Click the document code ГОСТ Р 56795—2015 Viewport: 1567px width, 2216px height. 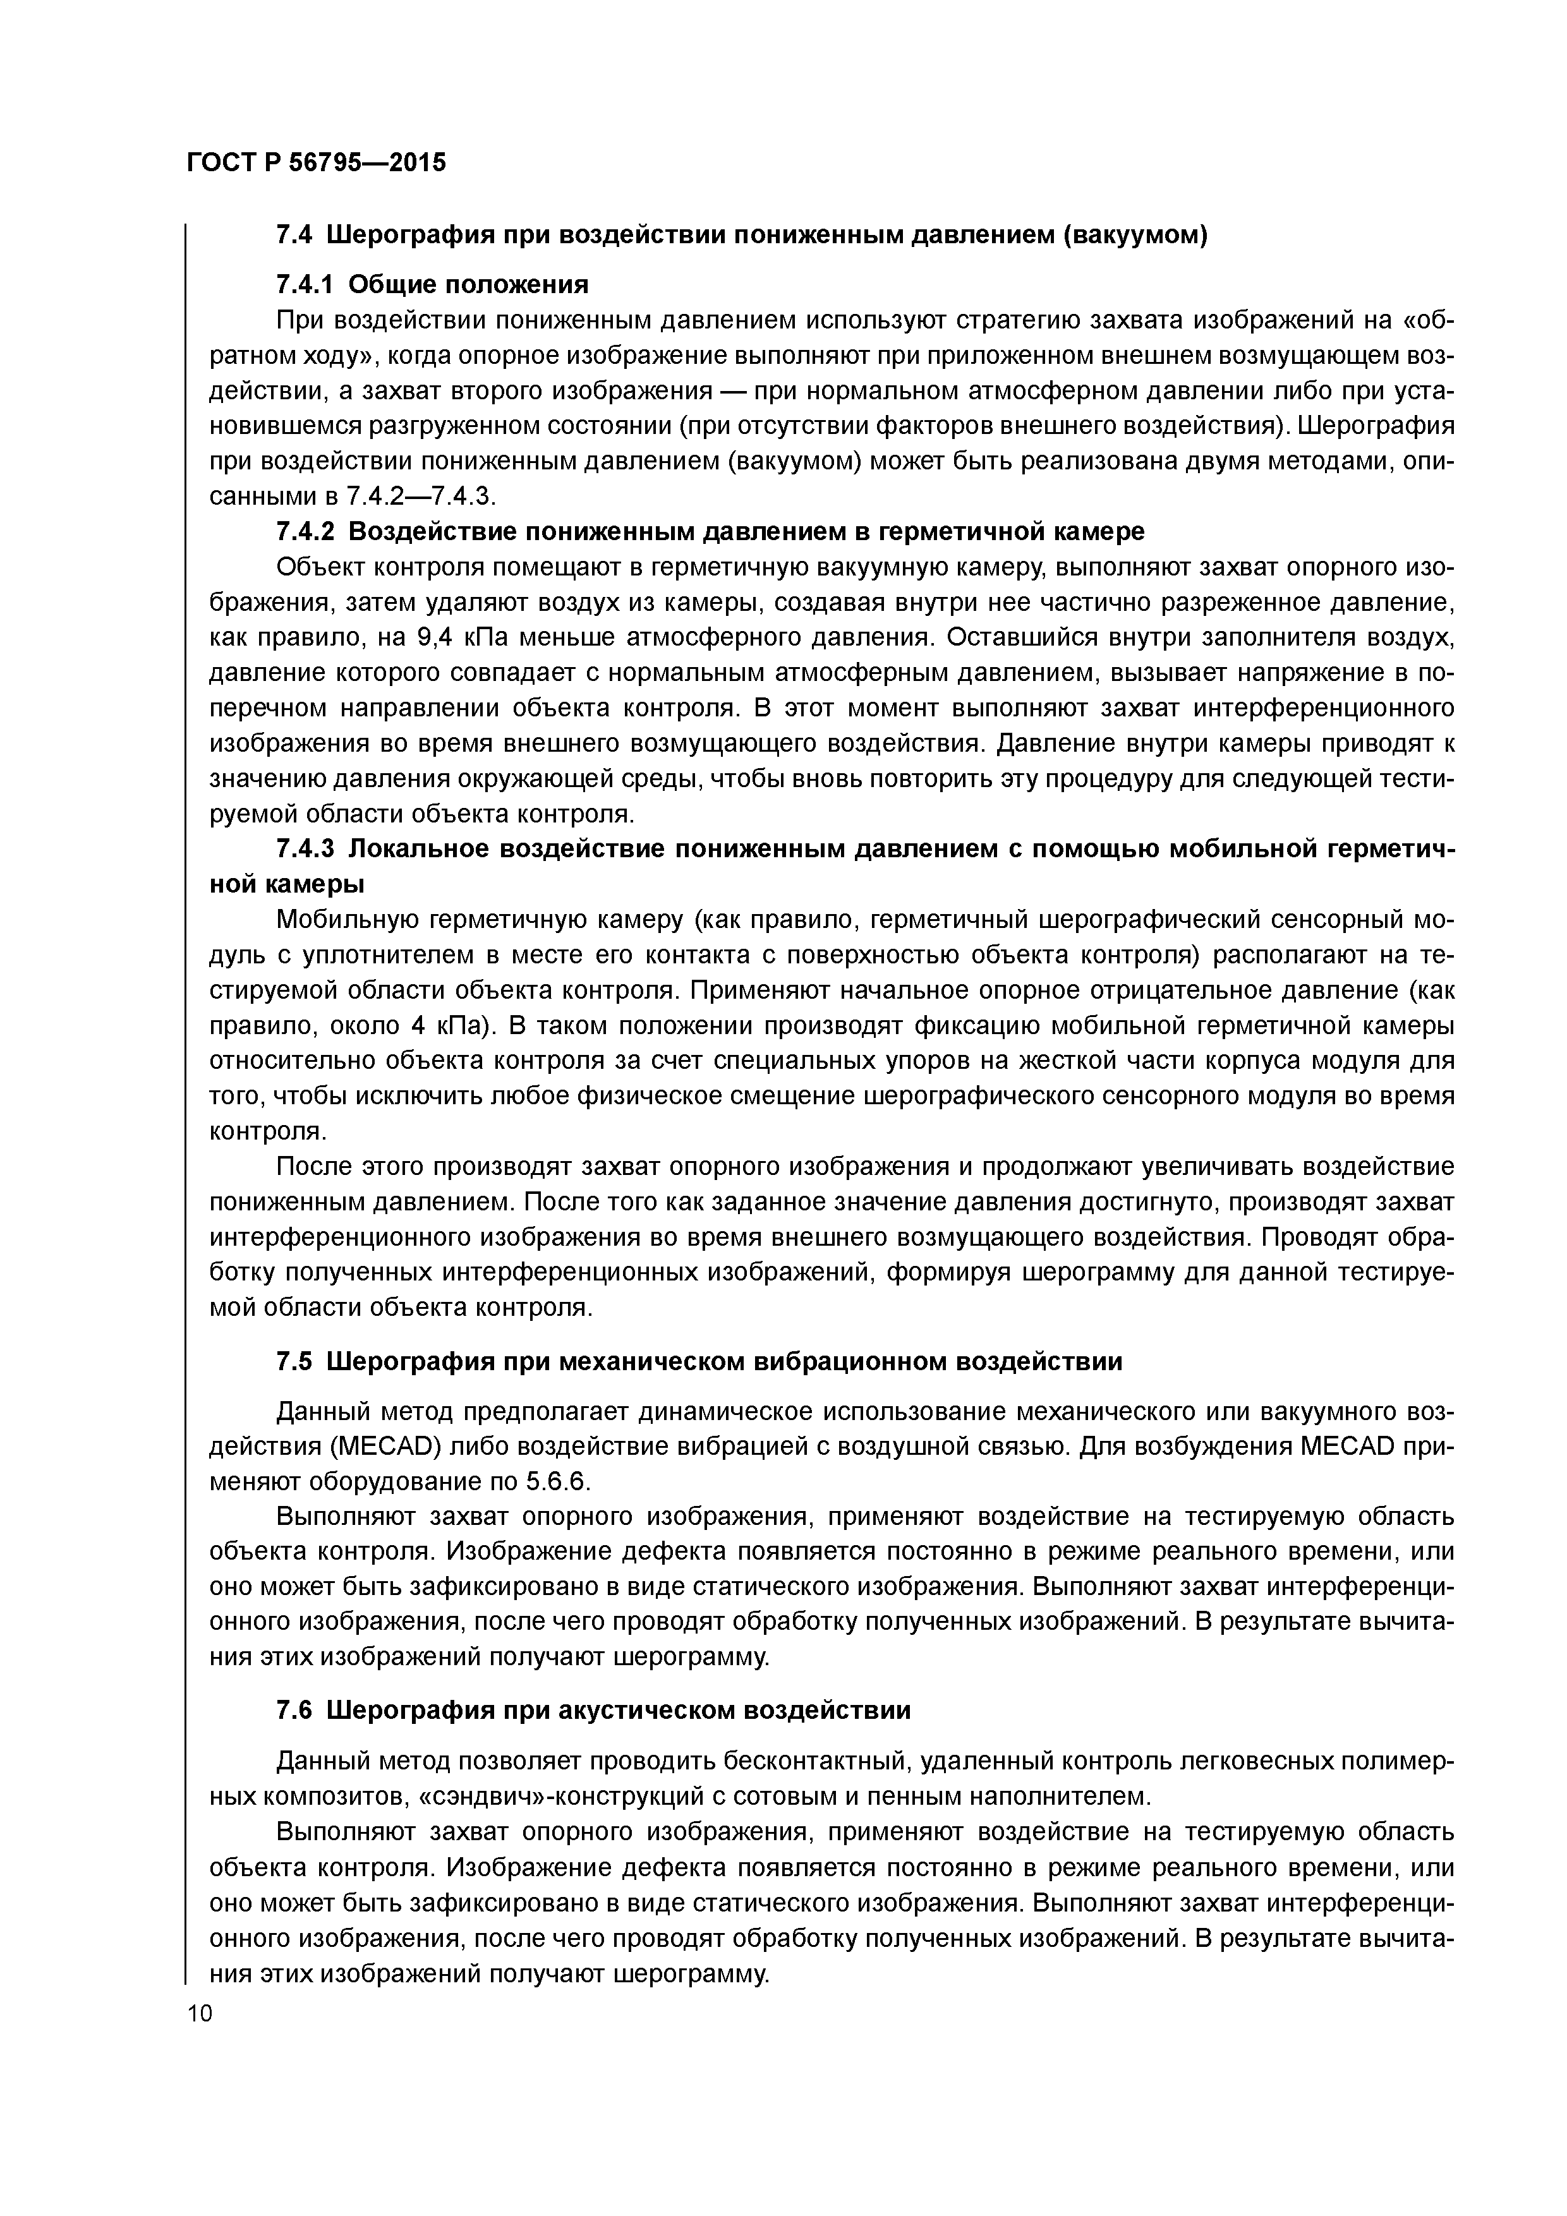316,162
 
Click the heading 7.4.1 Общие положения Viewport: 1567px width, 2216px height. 432,285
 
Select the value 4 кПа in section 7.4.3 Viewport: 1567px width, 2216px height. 433,1026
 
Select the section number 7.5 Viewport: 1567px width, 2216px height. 294,1362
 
